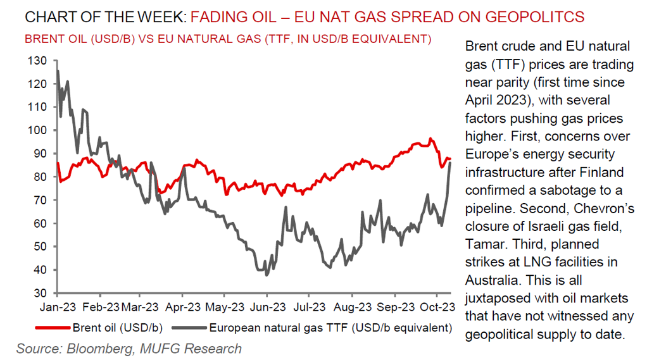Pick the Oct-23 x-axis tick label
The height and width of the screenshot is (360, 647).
[x=436, y=307]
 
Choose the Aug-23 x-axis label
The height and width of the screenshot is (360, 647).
[x=352, y=307]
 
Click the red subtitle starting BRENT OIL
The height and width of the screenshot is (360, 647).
[x=228, y=39]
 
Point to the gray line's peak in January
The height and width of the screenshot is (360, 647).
[x=58, y=71]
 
